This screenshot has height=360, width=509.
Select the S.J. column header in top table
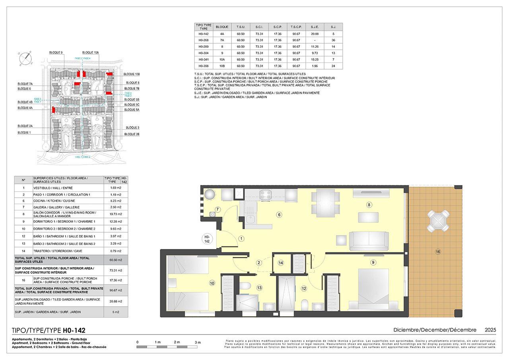[333, 27]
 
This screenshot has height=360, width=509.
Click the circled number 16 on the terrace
[438, 251]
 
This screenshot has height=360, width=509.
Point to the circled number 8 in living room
[369, 205]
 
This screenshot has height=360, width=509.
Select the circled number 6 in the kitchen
[279, 215]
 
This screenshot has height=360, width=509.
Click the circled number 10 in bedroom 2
[212, 283]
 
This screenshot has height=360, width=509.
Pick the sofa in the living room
[369, 241]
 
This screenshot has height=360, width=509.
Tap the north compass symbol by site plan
[26, 58]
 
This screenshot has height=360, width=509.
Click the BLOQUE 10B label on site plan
[132, 74]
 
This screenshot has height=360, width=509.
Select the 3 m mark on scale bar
[198, 342]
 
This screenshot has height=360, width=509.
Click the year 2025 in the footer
[490, 330]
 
